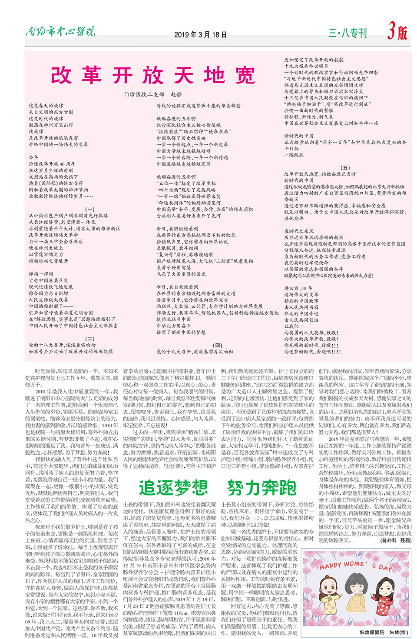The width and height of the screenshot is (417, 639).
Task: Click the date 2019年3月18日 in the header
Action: point(200,35)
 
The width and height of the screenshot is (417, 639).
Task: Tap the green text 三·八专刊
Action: point(347,33)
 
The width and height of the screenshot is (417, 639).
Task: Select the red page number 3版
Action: point(397,32)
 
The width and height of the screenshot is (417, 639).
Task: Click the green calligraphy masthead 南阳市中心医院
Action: point(60,32)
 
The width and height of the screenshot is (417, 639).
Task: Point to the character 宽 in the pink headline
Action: point(245,75)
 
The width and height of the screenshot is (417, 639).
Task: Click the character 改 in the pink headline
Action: point(61,75)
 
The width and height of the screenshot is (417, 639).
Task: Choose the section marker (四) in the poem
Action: point(218,345)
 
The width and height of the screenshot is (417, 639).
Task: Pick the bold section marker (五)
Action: point(345,167)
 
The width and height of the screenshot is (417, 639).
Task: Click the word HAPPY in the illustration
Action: point(331,566)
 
